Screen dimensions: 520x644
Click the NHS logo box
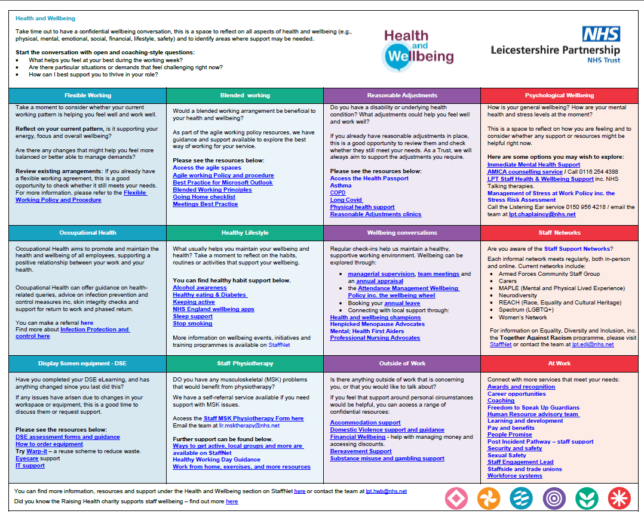pos(601,34)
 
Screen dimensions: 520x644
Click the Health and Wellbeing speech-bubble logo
pos(418,48)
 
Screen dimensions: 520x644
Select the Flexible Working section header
pos(88,96)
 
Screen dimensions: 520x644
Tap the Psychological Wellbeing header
pos(559,96)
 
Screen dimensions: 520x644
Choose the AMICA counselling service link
pos(525,172)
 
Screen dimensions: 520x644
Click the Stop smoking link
pos(192,324)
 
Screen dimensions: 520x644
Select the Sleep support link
pos(192,316)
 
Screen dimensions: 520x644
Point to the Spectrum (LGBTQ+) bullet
pos(526,310)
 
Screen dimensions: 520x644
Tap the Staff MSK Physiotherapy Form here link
pos(253,419)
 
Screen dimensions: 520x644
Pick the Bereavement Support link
pos(361,451)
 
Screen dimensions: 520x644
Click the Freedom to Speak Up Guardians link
pos(525,408)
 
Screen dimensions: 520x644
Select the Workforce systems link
pos(514,476)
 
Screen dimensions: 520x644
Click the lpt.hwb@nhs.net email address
pos(386,491)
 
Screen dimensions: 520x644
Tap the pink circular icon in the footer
pos(456,498)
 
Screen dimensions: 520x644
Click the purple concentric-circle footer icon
pos(554,498)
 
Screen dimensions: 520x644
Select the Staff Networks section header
pos(559,233)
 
